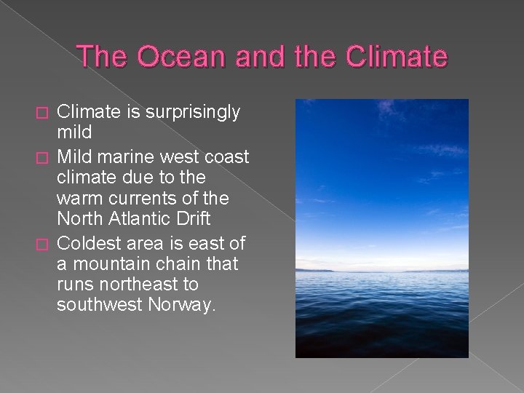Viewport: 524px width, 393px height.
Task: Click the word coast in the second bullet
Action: click(x=227, y=156)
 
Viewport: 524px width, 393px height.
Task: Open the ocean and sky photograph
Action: click(x=381, y=228)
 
